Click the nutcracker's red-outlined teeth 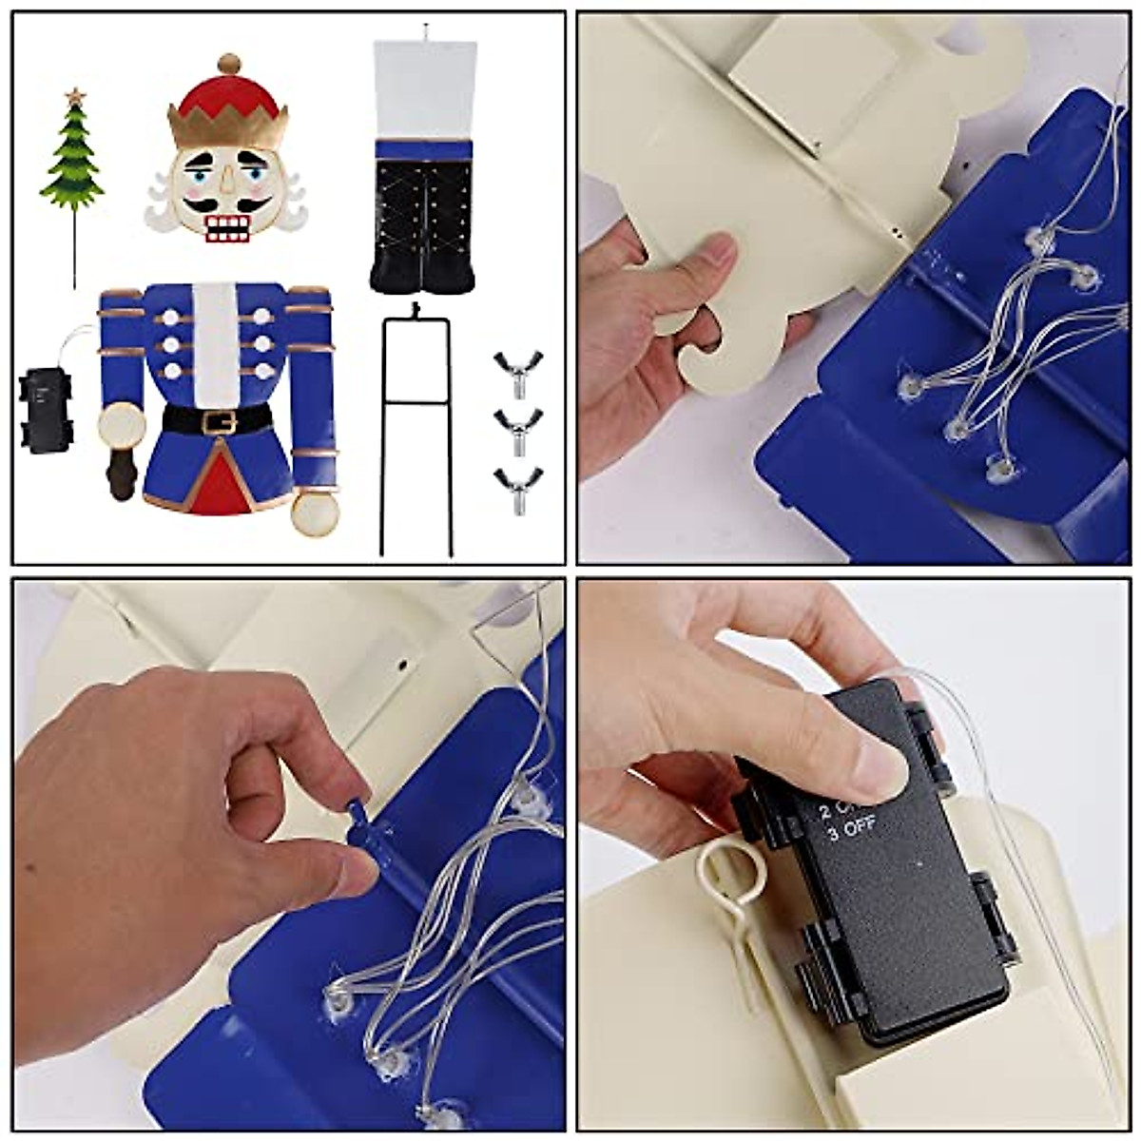228,229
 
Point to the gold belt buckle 219,419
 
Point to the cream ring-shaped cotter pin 725,870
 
